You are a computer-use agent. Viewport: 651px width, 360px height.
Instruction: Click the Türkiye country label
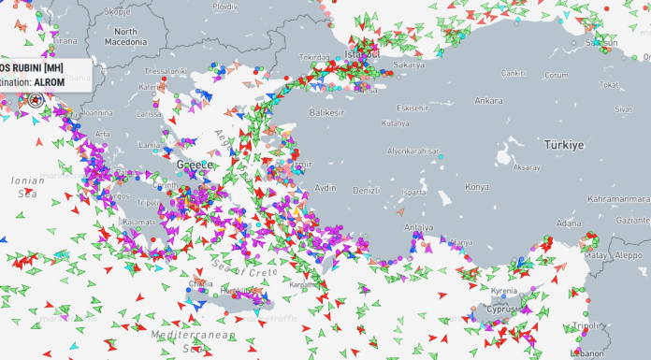point(564,145)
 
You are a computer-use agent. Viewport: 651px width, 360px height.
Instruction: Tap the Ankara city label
point(488,100)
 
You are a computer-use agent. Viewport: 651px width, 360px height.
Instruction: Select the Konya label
point(476,186)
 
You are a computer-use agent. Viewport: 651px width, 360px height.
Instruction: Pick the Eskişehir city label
point(412,107)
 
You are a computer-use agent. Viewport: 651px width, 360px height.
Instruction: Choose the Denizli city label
point(366,190)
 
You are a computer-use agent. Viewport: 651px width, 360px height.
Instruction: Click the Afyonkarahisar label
point(412,151)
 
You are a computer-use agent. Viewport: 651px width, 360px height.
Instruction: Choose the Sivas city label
point(623,108)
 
